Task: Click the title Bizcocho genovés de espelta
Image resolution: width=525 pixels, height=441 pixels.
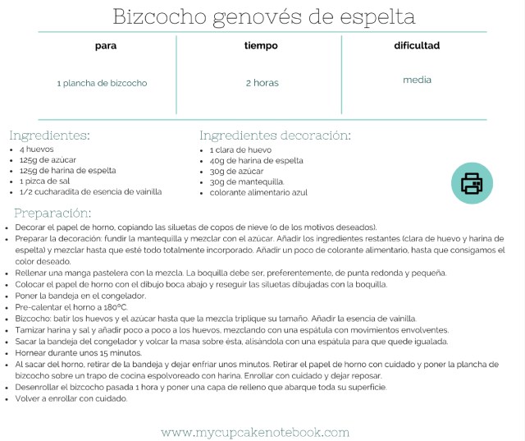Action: point(262,16)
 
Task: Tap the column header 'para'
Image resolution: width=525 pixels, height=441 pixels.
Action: point(106,46)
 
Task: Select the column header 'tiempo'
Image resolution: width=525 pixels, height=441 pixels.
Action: point(261,46)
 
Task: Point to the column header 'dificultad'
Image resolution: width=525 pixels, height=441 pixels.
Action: point(417,46)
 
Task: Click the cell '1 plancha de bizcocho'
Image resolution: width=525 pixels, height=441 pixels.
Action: point(103,83)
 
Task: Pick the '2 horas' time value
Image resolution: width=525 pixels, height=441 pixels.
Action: point(262,83)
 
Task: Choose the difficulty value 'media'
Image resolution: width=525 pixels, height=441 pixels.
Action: point(417,80)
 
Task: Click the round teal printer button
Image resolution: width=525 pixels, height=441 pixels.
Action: point(472,183)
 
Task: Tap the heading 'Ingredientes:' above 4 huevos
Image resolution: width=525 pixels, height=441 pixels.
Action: point(49,136)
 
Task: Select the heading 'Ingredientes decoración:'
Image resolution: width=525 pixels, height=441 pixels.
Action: point(275,136)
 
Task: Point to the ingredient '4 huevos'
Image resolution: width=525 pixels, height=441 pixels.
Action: point(37,149)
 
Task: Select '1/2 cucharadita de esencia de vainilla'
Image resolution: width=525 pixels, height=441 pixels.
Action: point(90,191)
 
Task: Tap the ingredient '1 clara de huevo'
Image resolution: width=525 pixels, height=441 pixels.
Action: point(240,150)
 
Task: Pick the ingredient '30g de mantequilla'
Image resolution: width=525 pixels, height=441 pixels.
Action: point(246,181)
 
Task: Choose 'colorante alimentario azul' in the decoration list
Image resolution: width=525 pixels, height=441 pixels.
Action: point(258,192)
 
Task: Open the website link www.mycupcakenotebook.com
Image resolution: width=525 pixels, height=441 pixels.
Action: point(255,432)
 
